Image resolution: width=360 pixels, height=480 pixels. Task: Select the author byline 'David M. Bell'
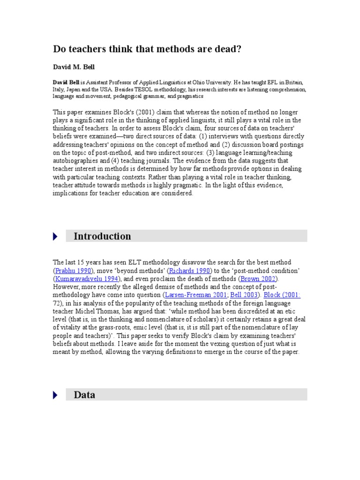coord(74,67)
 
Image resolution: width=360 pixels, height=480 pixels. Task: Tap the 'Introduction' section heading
coord(102,236)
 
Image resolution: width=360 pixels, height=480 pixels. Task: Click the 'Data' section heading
coord(84,395)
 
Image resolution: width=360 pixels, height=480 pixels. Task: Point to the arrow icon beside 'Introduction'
coord(56,237)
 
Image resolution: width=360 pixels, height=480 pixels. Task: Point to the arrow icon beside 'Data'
coord(56,395)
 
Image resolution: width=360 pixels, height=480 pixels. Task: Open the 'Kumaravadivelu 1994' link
coord(85,279)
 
